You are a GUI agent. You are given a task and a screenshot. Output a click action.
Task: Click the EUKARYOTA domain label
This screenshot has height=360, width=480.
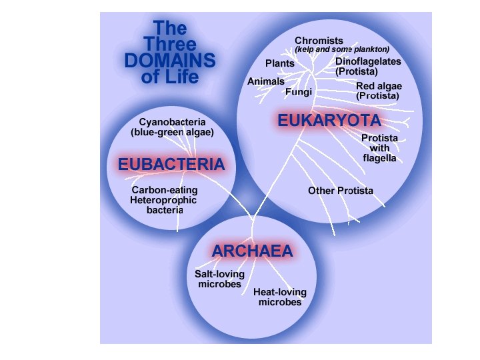(329, 121)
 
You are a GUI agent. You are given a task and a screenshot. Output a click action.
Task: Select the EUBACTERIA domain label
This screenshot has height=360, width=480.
(171, 164)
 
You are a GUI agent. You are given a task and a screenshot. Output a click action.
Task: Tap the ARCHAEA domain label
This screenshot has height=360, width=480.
(253, 251)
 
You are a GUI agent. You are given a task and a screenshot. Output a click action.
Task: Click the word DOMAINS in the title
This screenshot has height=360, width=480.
(170, 61)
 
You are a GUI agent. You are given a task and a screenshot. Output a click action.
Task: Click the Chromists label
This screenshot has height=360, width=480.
(319, 41)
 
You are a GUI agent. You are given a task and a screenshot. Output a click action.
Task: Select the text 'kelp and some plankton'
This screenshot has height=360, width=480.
(342, 49)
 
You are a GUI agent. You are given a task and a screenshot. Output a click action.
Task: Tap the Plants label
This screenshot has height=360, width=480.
(280, 63)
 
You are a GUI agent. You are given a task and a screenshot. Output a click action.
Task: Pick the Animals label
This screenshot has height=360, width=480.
(266, 81)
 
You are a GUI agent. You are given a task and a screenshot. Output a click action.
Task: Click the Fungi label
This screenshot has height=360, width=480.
(298, 92)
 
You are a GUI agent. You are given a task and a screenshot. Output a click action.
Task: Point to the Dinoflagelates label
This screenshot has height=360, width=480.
(368, 61)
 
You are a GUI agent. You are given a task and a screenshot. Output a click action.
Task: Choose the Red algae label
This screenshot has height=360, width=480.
(379, 86)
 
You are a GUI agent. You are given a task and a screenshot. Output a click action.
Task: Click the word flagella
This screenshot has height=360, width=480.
(379, 159)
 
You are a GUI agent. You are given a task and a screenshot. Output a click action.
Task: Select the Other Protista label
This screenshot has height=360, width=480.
(340, 191)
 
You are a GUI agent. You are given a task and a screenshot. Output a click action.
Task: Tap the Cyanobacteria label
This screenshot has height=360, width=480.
(172, 122)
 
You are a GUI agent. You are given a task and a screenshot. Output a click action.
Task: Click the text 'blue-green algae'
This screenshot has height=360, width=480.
(172, 132)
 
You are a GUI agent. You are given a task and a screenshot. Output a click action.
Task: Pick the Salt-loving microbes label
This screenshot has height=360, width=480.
(219, 279)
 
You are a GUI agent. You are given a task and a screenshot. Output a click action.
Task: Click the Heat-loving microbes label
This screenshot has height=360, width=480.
(280, 297)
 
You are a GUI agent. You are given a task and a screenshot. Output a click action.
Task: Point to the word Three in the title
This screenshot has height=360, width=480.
(170, 45)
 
